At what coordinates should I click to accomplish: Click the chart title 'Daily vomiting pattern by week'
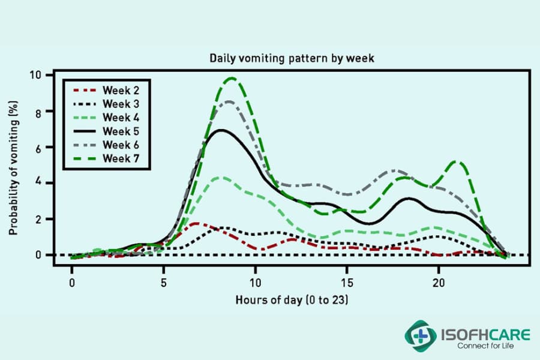292,58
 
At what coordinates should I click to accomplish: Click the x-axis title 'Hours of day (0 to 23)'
291,299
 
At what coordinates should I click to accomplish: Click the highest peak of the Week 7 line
231,78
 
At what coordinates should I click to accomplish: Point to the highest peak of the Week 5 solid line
222,130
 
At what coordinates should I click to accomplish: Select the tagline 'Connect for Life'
485,346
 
